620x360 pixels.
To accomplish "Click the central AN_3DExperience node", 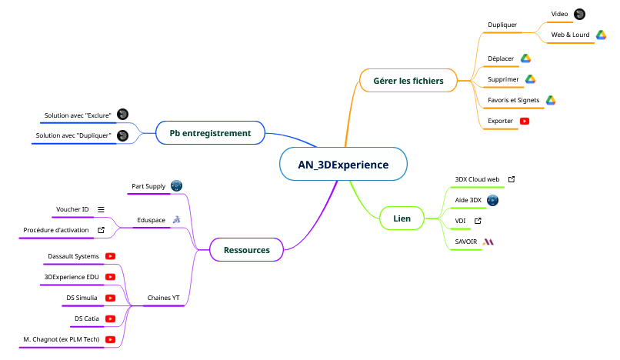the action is (x=343, y=164).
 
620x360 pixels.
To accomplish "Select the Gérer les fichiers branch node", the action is (x=408, y=81).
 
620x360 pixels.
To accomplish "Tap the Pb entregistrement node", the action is (x=210, y=133).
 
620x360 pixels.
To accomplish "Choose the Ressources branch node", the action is (x=247, y=250).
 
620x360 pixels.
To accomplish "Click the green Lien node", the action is (x=402, y=218).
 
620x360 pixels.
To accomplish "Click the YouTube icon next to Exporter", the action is (x=525, y=121).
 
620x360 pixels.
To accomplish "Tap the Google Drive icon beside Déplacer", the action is (x=525, y=58).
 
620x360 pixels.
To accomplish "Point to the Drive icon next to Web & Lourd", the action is (x=601, y=35).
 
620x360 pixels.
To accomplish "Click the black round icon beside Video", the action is (x=579, y=15).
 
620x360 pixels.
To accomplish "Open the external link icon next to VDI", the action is (x=478, y=221).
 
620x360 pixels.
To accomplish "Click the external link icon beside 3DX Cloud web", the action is (x=512, y=179).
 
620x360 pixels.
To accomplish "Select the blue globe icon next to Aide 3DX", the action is (x=492, y=200).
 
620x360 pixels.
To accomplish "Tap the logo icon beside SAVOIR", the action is (x=488, y=242).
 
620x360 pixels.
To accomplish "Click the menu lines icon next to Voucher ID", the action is (x=102, y=209).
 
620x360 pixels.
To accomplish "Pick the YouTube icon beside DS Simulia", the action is (x=110, y=298).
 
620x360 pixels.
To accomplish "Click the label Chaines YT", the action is (x=163, y=298).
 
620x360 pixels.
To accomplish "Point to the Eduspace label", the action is (x=151, y=220).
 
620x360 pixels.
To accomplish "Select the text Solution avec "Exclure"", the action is (x=78, y=115).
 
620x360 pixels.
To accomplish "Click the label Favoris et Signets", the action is (x=513, y=100).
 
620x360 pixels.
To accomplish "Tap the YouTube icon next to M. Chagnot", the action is (x=110, y=339).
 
